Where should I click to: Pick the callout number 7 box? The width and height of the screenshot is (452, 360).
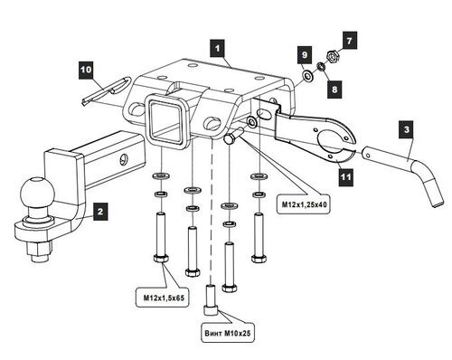point(352,40)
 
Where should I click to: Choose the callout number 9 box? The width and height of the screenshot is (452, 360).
point(306,57)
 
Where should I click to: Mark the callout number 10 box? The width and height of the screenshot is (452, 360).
point(86,69)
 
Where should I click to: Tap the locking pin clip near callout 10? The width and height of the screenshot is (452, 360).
point(104,93)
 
